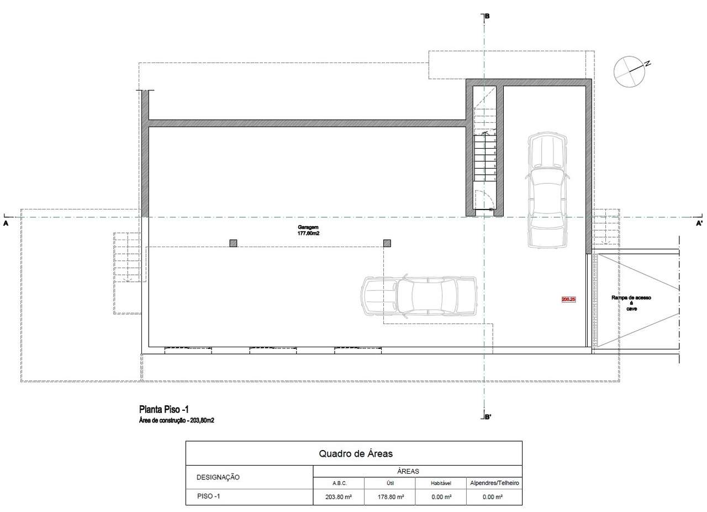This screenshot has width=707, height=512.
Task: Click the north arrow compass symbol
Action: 630,71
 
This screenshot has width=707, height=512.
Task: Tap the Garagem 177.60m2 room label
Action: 308,231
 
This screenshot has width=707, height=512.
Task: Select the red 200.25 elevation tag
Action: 568,299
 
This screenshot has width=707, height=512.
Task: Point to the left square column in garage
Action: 233,243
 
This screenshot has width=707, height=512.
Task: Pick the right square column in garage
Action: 387,243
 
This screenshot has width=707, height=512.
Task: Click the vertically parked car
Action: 546,190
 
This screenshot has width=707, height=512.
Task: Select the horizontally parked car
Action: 419,296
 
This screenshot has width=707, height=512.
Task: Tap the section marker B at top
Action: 487,17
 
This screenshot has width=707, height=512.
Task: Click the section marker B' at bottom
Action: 488,417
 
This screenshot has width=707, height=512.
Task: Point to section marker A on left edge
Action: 6,224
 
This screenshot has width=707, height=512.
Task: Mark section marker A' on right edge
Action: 699,224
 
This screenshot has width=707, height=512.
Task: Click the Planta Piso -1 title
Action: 164,410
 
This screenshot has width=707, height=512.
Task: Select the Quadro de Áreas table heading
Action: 355,453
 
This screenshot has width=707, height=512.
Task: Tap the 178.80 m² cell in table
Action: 389,497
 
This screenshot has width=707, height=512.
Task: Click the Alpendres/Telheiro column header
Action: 494,483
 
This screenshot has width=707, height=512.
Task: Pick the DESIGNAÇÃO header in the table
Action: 218,477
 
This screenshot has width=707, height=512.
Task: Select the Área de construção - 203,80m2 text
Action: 176,421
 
